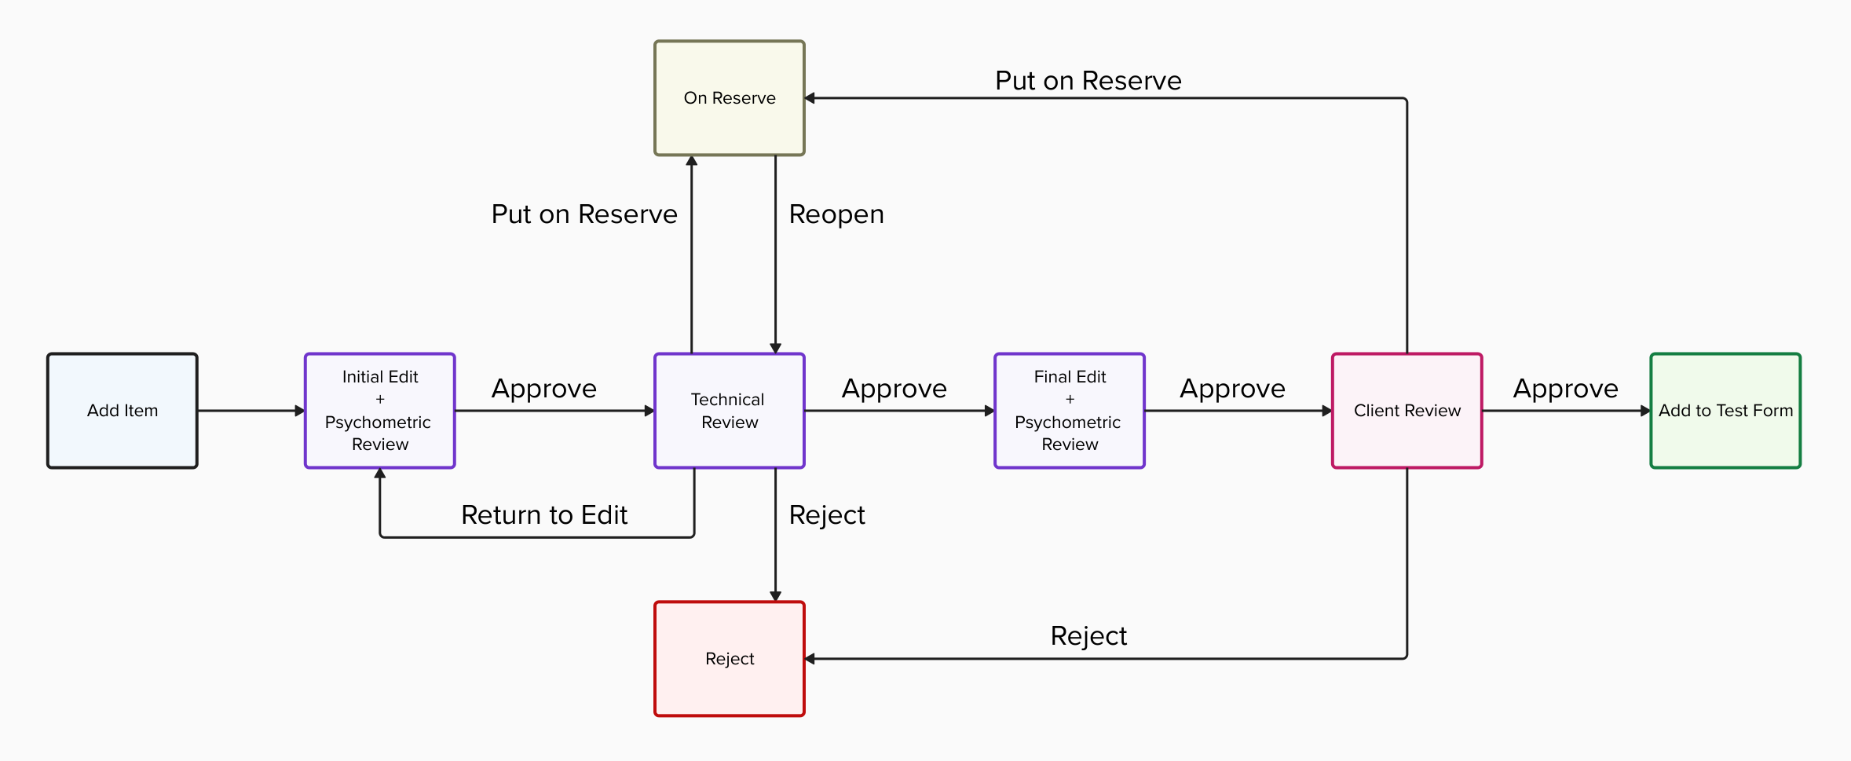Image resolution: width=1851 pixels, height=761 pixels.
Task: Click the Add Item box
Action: click(x=123, y=411)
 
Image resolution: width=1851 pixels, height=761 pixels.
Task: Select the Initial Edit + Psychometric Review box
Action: click(x=380, y=411)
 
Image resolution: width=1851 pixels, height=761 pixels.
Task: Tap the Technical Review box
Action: click(x=730, y=411)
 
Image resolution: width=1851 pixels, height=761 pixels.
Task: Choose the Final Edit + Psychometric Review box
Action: click(x=1070, y=411)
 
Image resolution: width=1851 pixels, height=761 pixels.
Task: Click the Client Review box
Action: click(x=1407, y=411)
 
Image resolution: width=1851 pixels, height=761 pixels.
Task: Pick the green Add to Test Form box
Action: click(x=1725, y=411)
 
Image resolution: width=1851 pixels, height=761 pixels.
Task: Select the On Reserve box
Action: click(x=730, y=98)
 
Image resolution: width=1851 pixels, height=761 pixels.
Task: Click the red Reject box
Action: click(x=730, y=659)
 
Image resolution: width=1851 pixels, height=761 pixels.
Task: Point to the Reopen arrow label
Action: click(x=836, y=214)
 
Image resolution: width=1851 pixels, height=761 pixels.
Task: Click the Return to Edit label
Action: click(x=544, y=515)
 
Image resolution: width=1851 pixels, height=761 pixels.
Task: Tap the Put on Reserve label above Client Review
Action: click(x=1088, y=81)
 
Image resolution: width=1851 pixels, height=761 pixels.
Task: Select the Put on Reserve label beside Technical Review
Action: click(x=584, y=214)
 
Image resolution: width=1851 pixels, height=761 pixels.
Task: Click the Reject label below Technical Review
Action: click(x=827, y=515)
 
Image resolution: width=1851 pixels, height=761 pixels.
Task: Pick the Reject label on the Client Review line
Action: click(x=1088, y=636)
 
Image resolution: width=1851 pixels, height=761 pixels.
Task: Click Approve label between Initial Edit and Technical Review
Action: click(x=544, y=389)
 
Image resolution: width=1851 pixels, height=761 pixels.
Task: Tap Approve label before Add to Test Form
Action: click(x=1565, y=389)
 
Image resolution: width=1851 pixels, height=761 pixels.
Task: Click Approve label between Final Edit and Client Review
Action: click(x=1232, y=389)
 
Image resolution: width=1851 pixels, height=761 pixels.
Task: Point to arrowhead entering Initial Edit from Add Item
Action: click(x=299, y=411)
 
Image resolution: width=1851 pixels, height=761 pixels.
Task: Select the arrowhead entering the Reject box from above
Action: click(x=775, y=596)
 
